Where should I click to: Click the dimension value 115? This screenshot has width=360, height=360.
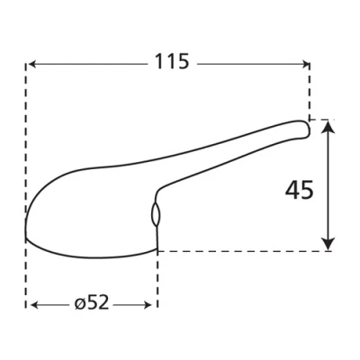(x=171, y=62)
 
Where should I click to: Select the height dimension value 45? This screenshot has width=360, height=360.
(x=299, y=190)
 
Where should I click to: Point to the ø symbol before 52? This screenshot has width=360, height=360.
(x=79, y=304)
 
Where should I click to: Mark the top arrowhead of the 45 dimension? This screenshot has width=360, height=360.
(x=328, y=127)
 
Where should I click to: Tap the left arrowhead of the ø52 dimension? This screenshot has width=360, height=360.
(x=31, y=305)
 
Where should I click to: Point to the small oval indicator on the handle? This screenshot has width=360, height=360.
(x=154, y=214)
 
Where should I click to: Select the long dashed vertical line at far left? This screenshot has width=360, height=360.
(x=25, y=162)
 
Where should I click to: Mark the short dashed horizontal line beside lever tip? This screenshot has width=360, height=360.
(x=321, y=120)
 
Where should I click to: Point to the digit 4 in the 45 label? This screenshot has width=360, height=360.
(x=292, y=190)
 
